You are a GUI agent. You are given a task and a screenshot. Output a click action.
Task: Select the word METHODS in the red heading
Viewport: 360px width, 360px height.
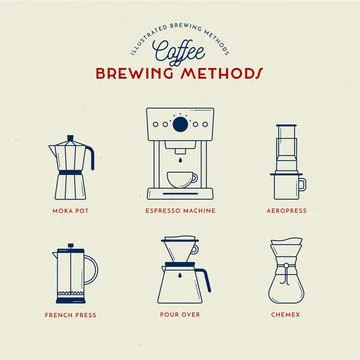coord(218,74)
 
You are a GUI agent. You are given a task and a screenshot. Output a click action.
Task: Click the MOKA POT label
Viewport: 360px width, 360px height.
coord(69,212)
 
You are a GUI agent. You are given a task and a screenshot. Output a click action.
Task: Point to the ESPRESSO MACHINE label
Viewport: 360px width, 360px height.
coord(180,212)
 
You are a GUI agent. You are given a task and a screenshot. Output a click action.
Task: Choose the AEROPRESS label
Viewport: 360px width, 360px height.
coord(289,212)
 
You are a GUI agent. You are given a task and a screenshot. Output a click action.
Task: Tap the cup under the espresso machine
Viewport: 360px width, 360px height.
coord(180,180)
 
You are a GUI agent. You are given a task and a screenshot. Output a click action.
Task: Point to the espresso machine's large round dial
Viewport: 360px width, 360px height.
coord(180,125)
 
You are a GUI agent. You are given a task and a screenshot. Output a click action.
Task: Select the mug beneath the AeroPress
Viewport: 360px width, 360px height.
coord(289,186)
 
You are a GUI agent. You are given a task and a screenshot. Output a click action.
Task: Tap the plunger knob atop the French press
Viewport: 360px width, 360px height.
coord(69,243)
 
